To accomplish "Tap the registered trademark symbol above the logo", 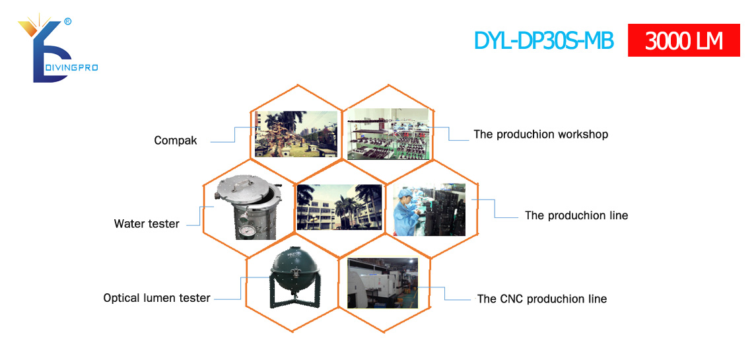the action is coord(68,21).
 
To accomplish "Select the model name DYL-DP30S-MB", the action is coord(544,40).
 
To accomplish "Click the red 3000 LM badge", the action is coord(683,40).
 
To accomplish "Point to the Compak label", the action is coord(176,141).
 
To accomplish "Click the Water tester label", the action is coord(147,224).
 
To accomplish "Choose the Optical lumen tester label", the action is coord(156,298).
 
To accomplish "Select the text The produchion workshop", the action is coord(541,134).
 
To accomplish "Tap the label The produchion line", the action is coord(576,215).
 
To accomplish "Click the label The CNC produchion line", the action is coord(542,299).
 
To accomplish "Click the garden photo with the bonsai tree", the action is coord(296,134).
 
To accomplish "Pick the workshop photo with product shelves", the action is coord(388,134).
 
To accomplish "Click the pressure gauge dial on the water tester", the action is coord(248,229).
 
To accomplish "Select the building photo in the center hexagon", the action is coord(339,207).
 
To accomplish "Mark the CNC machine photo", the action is coord(382,282).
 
